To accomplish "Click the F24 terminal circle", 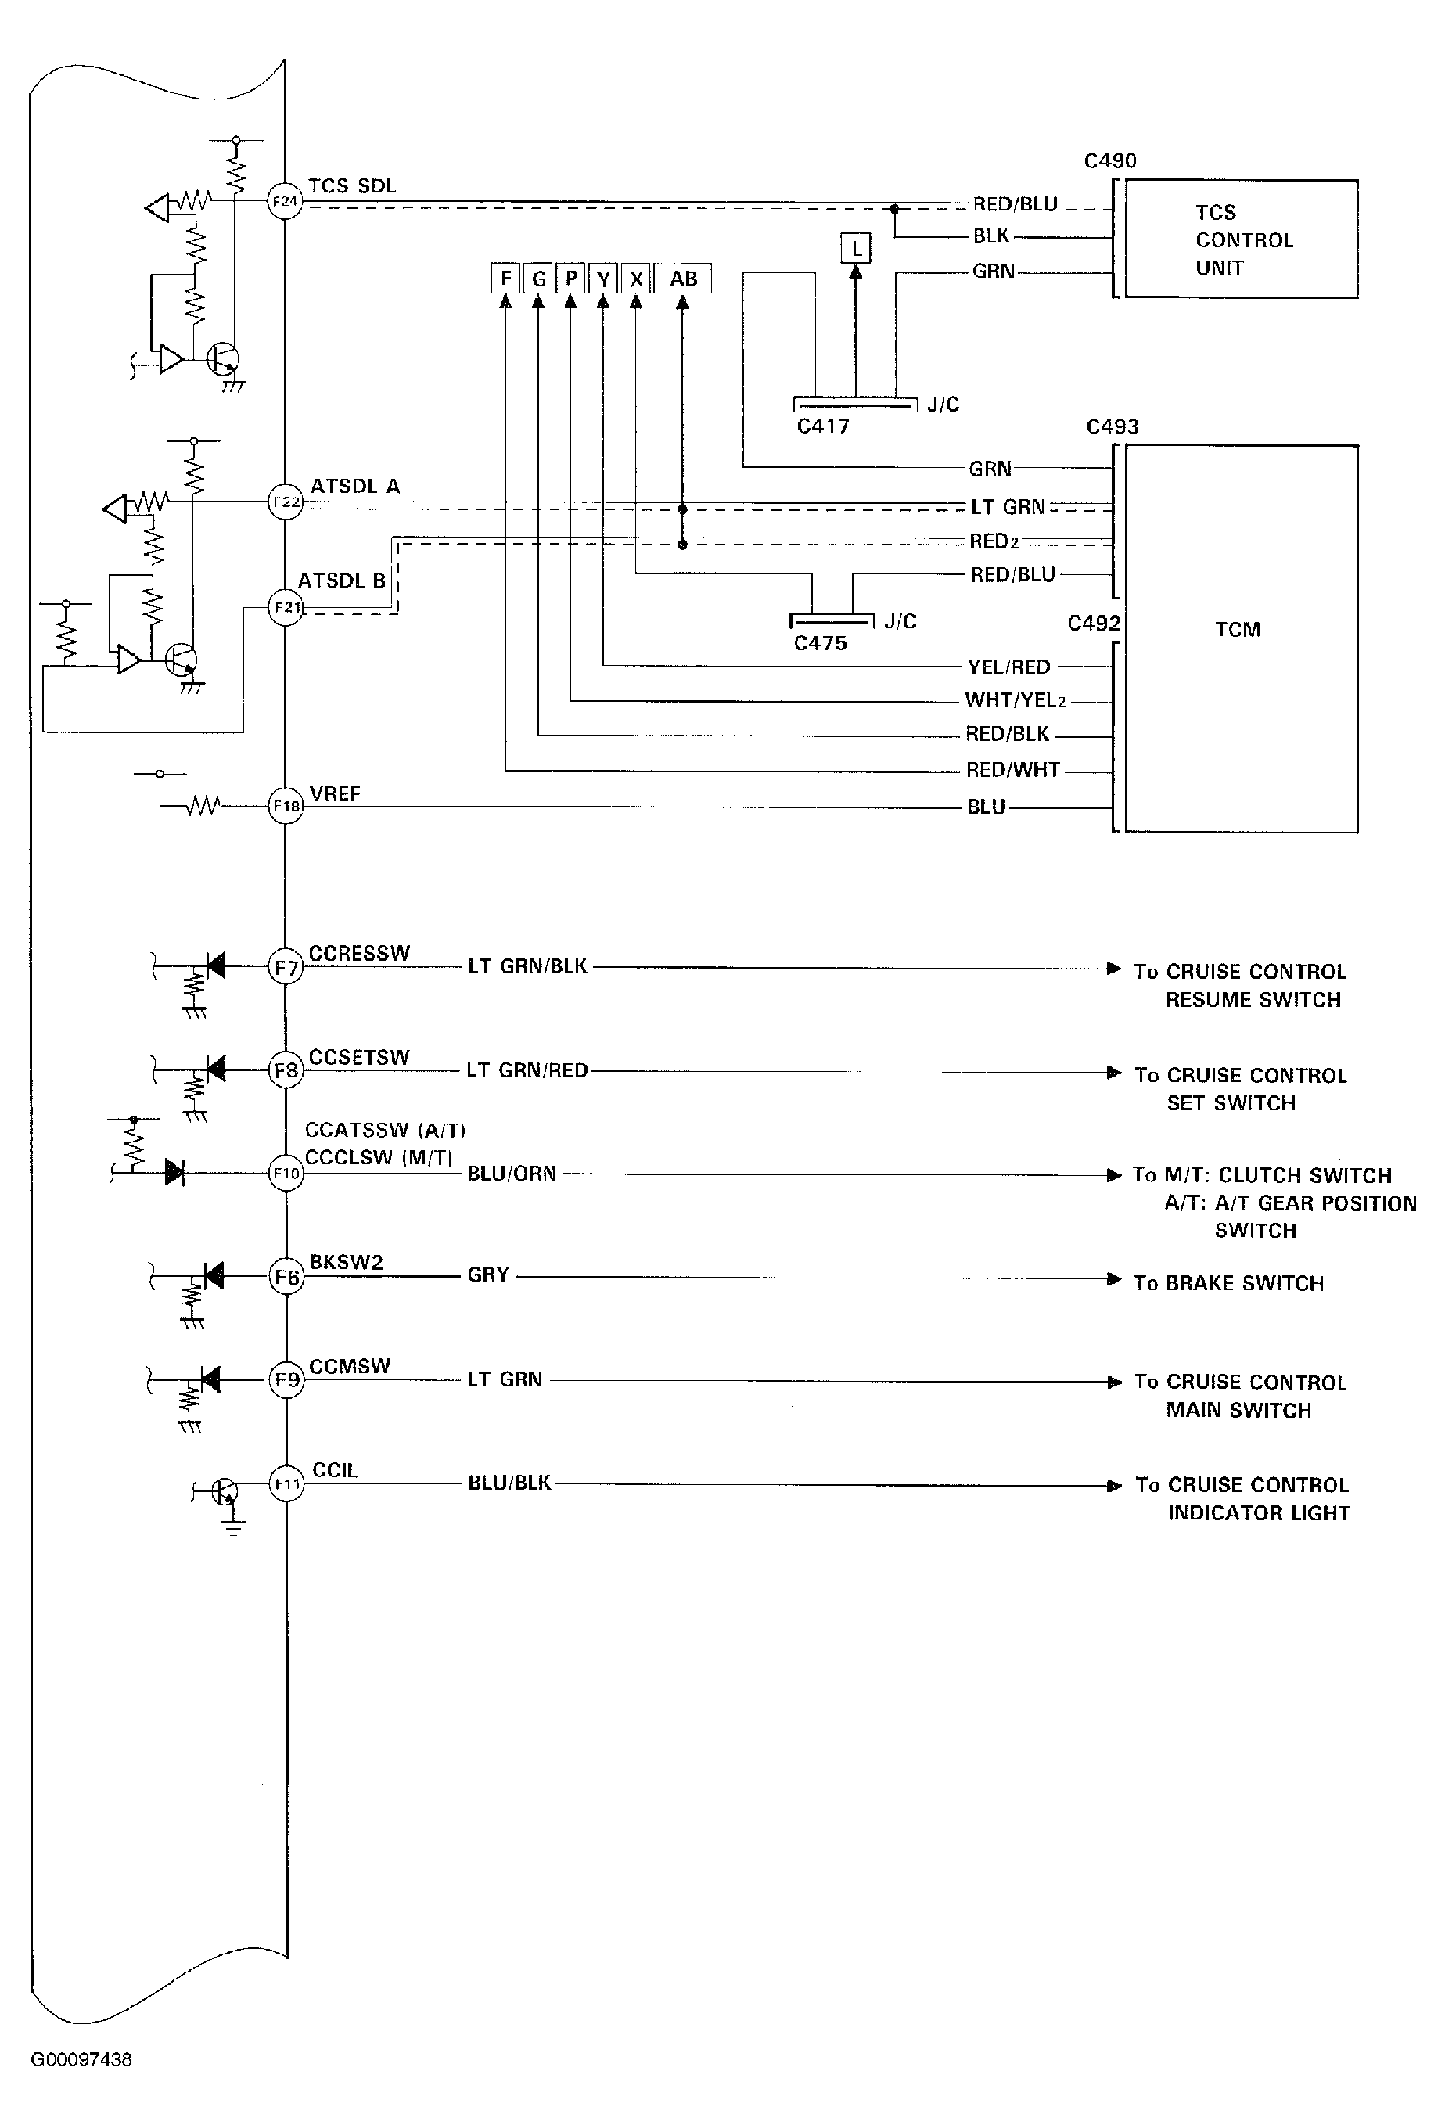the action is click(285, 201).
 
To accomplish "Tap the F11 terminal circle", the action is click(286, 1483).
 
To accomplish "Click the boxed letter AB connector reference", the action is click(682, 279).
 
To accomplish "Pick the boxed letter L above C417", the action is click(856, 248).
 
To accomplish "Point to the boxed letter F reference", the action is click(505, 278).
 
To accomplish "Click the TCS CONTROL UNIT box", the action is click(1241, 239).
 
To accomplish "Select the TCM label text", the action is click(1238, 629).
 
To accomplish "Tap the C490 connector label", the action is click(1110, 161).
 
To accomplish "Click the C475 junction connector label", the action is click(821, 644).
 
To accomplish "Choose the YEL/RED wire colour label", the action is click(1008, 667).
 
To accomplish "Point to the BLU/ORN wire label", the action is click(511, 1173).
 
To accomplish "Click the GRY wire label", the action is click(487, 1275).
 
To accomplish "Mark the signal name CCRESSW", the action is click(359, 953).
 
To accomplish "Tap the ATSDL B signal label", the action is click(342, 581).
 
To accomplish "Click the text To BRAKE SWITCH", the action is click(1228, 1283).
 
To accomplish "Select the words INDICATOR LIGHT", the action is click(1259, 1513).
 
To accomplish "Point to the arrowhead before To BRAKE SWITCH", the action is click(1114, 1278).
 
